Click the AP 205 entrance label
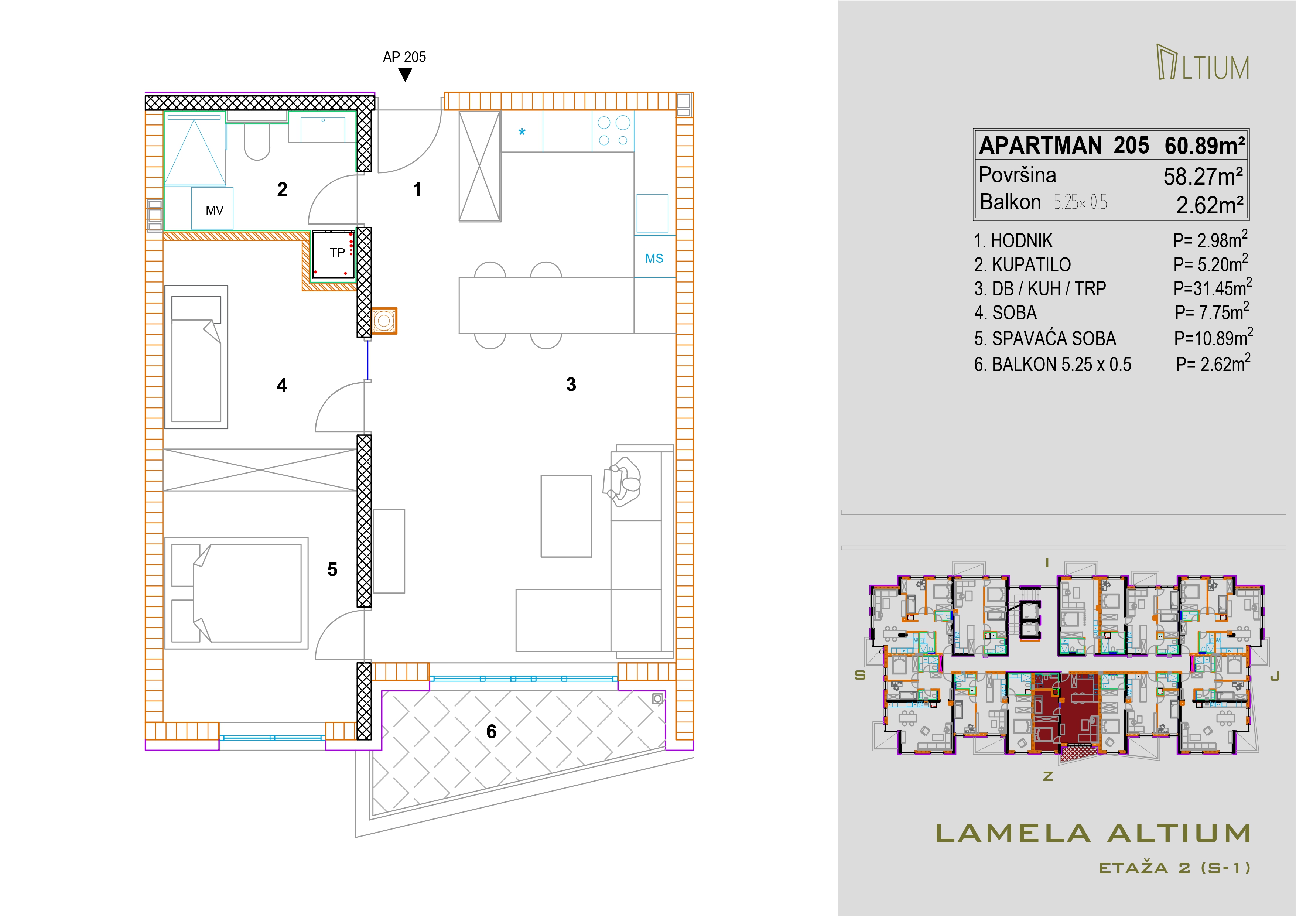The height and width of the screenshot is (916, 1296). (x=404, y=57)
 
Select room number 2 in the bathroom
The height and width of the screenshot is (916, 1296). (x=282, y=189)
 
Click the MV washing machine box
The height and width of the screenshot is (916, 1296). (x=212, y=208)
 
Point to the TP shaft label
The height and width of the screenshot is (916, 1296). (x=338, y=253)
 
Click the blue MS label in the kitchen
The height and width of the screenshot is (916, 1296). (x=654, y=259)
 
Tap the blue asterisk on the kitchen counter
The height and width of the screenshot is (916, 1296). (x=522, y=133)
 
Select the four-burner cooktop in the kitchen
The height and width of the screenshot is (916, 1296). (x=613, y=131)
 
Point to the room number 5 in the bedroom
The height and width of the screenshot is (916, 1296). (x=332, y=570)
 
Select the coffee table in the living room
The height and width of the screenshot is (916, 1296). (x=566, y=516)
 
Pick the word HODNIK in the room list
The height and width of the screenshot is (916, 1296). (x=1022, y=241)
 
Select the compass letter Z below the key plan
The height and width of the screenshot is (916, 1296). (x=1048, y=777)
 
